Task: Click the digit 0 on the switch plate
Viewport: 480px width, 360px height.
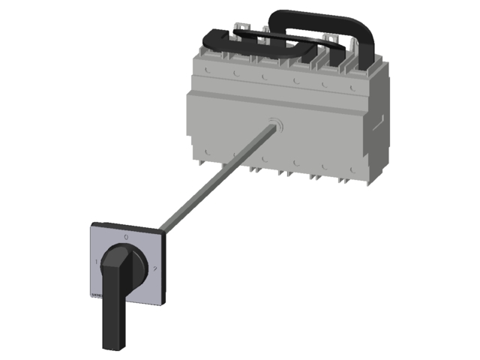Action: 125,237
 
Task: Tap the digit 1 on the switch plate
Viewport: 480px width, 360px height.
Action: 96,262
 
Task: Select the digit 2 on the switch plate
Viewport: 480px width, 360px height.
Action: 153,268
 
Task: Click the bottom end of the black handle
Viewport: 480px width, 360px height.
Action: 111,343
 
